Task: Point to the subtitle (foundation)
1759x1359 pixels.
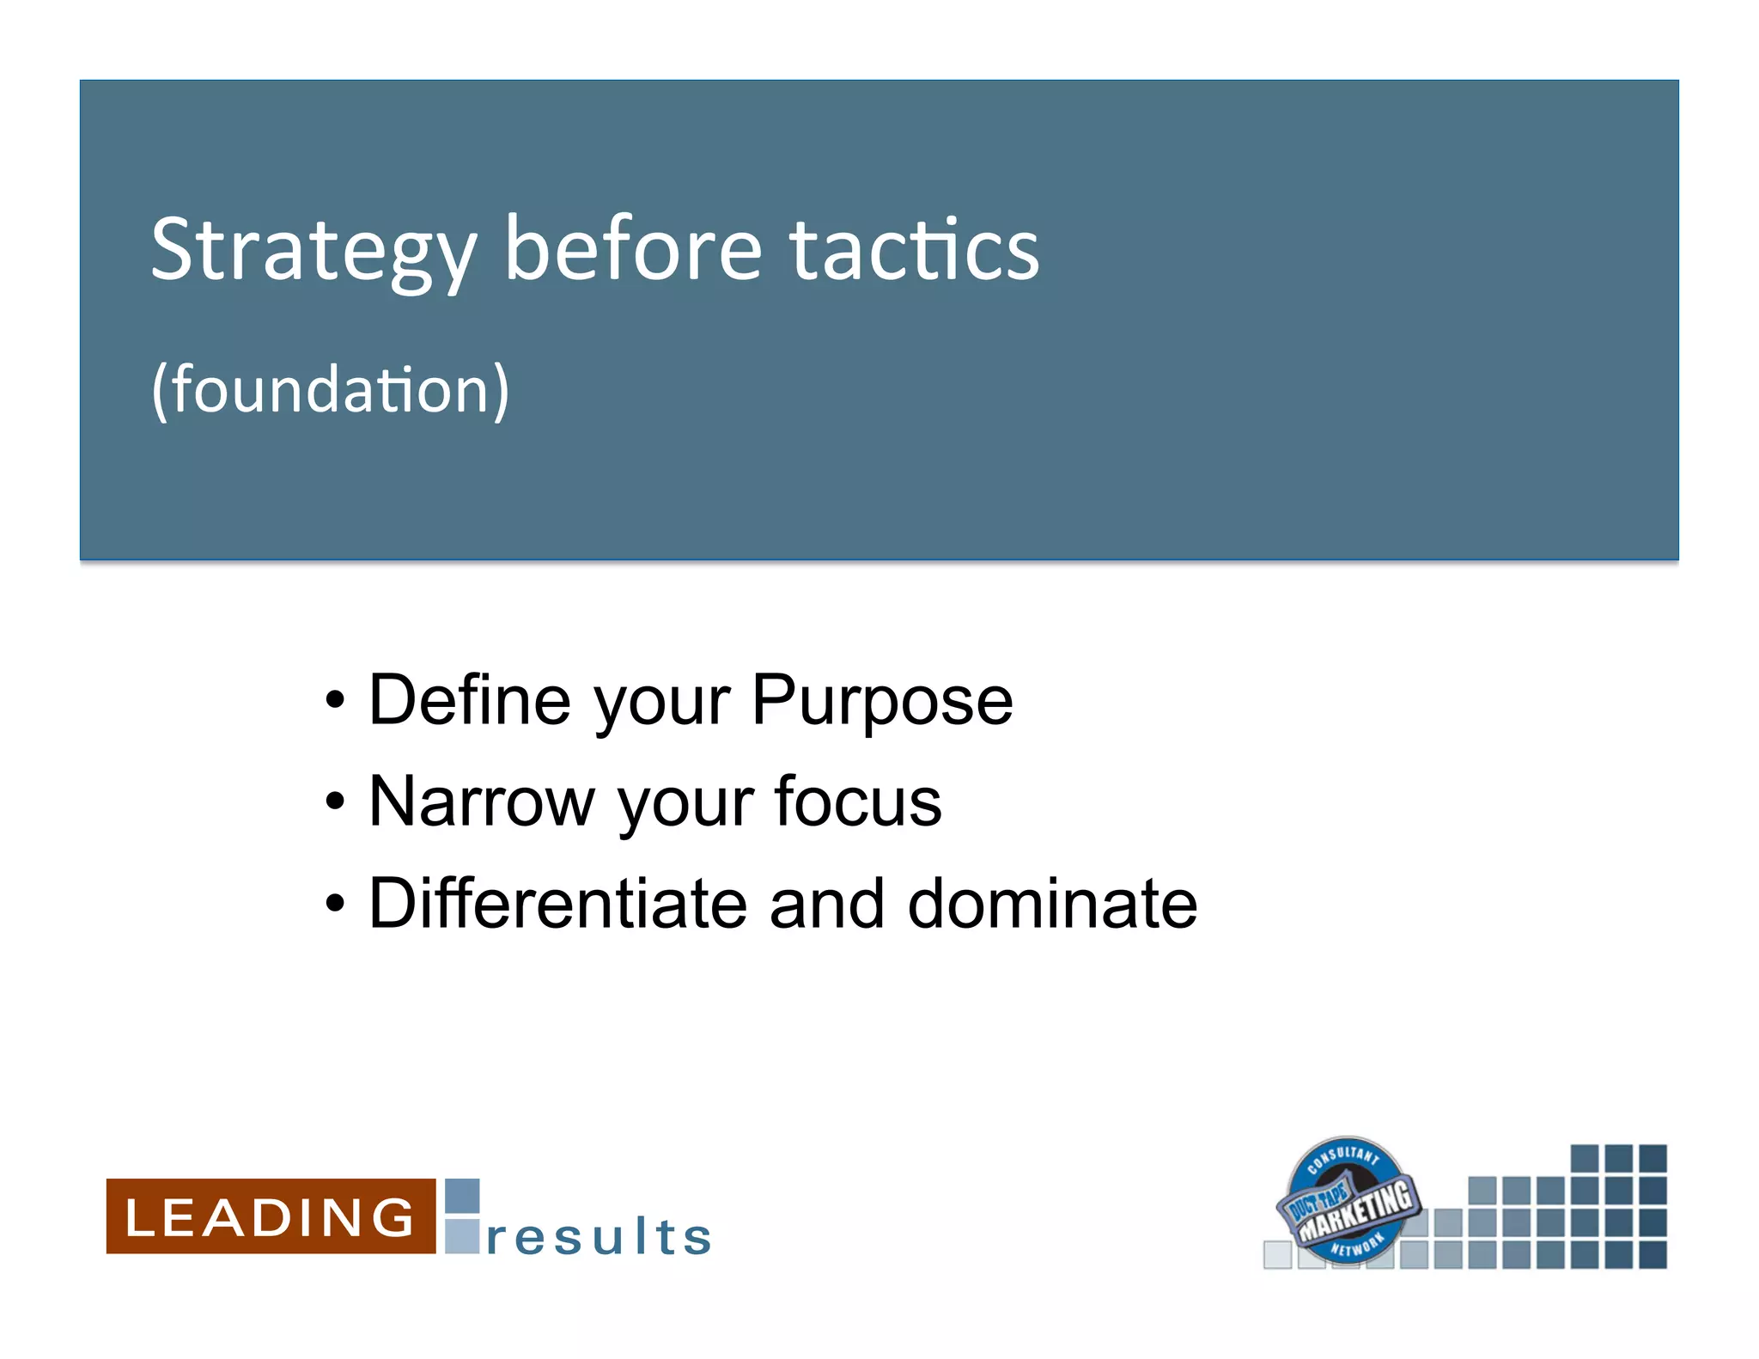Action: [x=330, y=391]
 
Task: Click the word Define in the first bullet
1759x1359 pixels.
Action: [x=469, y=700]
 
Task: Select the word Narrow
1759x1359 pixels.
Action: [x=481, y=801]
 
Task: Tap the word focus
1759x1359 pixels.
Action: [x=857, y=801]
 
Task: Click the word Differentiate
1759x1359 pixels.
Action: [x=557, y=904]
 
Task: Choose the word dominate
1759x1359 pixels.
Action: [x=1051, y=904]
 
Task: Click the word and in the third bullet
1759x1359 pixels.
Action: [x=826, y=904]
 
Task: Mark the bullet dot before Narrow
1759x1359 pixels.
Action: [x=335, y=802]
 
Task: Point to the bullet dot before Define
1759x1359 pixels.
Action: [x=335, y=701]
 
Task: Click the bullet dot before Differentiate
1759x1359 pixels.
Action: [x=335, y=905]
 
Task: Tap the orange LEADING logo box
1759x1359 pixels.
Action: [x=271, y=1216]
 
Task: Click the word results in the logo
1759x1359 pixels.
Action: [x=599, y=1237]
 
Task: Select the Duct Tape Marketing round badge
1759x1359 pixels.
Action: [x=1347, y=1201]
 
